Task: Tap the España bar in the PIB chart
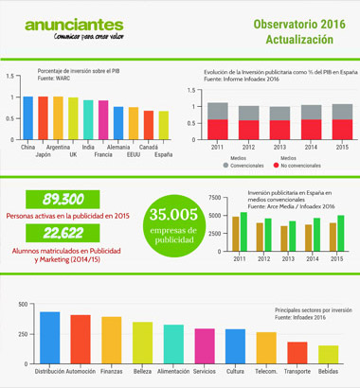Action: (x=164, y=125)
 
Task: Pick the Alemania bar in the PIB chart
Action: (x=118, y=122)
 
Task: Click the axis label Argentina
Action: (x=59, y=148)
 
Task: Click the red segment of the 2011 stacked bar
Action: (x=218, y=130)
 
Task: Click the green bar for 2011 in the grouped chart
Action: (x=243, y=234)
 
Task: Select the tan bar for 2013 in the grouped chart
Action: (x=281, y=239)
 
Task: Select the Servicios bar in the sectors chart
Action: (x=204, y=342)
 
